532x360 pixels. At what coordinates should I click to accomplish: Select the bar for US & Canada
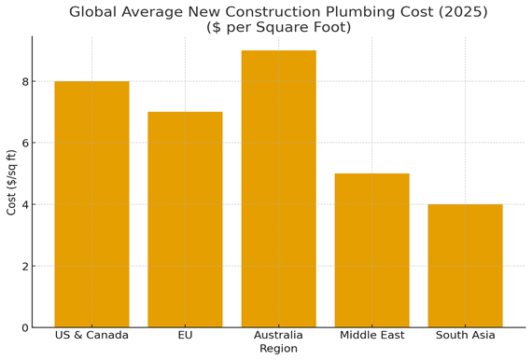click(x=91, y=204)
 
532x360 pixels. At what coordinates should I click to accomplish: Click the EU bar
click(x=185, y=219)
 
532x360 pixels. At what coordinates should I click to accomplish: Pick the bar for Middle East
click(x=371, y=250)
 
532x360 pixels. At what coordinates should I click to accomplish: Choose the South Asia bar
click(x=465, y=266)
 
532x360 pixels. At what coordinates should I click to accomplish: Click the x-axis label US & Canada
click(x=91, y=335)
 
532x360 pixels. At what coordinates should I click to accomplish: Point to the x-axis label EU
click(x=185, y=335)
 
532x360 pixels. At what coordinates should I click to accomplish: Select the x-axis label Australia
click(x=278, y=335)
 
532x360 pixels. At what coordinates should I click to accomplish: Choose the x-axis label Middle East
click(x=371, y=335)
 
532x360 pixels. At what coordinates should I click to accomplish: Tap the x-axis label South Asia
click(x=465, y=335)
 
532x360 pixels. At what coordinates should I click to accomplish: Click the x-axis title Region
click(x=278, y=349)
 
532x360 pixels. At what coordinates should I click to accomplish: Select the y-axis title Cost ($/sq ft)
click(x=11, y=182)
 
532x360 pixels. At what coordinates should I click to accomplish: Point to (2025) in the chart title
click(x=431, y=12)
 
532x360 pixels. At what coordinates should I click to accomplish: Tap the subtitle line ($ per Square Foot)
click(x=278, y=27)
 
